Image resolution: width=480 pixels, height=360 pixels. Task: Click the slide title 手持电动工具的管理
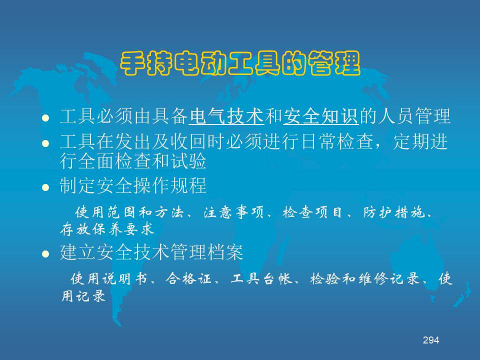pyautogui.click(x=240, y=63)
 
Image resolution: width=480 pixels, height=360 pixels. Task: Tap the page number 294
pyautogui.click(x=431, y=340)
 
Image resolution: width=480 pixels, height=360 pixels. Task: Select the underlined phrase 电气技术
pyautogui.click(x=226, y=116)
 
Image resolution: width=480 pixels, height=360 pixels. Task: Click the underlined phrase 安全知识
pyautogui.click(x=321, y=116)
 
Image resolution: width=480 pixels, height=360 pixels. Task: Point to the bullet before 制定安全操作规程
pyautogui.click(x=45, y=187)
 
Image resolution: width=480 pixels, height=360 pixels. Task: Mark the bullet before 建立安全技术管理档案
pyautogui.click(x=45, y=254)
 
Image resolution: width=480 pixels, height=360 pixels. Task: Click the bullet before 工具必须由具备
pyautogui.click(x=45, y=118)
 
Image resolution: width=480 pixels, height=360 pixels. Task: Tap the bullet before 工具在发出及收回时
pyautogui.click(x=45, y=143)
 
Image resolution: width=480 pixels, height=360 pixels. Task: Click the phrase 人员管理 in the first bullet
pyautogui.click(x=414, y=116)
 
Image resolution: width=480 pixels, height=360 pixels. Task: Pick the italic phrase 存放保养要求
pyautogui.click(x=107, y=229)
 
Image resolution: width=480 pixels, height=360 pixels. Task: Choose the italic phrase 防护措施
pyautogui.click(x=394, y=212)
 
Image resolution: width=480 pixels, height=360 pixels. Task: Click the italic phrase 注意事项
pyautogui.click(x=233, y=212)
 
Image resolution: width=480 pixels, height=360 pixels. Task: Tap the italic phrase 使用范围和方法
pyautogui.click(x=129, y=212)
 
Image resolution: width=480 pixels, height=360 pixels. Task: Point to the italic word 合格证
pyautogui.click(x=188, y=279)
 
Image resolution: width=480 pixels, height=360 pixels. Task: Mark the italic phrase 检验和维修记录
pyautogui.click(x=364, y=279)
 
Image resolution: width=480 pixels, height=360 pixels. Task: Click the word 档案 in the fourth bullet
pyautogui.click(x=225, y=252)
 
